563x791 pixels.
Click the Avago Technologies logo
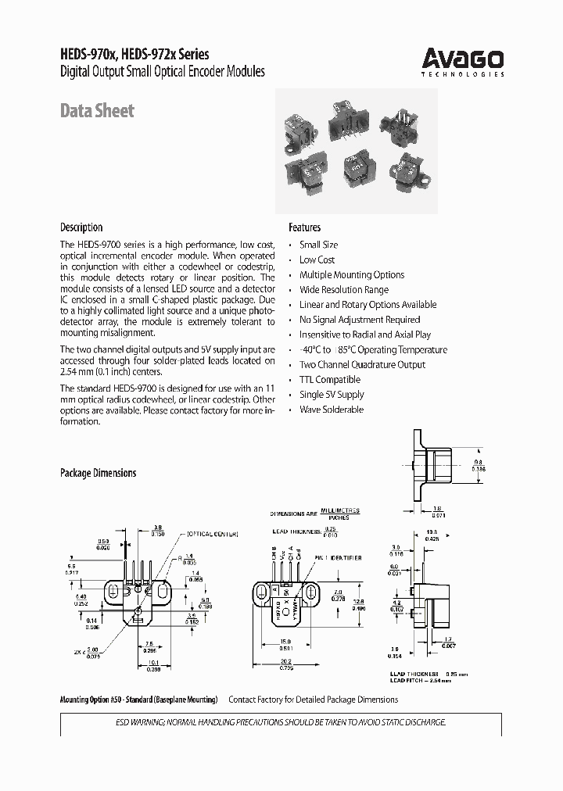coord(463,60)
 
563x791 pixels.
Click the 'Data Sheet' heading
coord(97,111)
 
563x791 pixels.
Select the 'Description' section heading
coord(81,227)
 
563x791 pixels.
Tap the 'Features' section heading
coord(304,227)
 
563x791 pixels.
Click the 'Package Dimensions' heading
coord(98,473)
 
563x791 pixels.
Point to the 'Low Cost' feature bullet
coord(317,259)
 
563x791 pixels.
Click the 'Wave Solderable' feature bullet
coord(332,409)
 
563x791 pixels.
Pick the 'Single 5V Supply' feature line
coord(332,394)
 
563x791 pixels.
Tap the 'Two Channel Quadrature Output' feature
coord(362,364)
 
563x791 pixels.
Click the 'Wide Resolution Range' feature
coord(343,289)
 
